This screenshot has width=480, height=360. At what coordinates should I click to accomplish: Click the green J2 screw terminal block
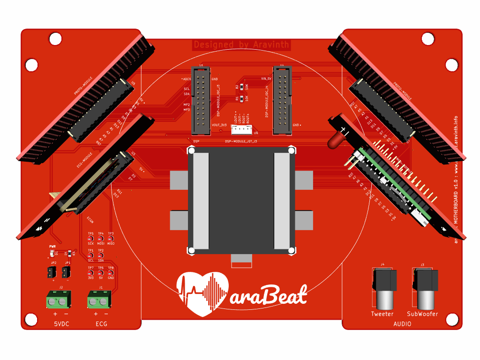tap(57, 300)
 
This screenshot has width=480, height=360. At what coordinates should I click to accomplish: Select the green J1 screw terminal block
tap(98, 300)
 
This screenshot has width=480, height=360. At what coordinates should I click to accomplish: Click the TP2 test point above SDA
tap(101, 255)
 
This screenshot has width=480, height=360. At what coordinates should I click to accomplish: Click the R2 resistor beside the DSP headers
tap(241, 87)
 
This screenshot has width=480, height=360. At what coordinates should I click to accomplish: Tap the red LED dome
tap(333, 140)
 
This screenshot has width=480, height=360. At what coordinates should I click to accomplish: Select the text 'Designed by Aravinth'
tap(241, 45)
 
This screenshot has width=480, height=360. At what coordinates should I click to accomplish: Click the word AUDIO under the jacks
tap(403, 324)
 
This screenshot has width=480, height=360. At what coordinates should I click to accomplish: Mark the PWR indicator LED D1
tap(51, 253)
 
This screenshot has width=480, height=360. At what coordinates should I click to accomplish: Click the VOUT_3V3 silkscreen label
tap(219, 125)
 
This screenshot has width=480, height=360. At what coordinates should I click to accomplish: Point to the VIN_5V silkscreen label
tap(266, 78)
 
